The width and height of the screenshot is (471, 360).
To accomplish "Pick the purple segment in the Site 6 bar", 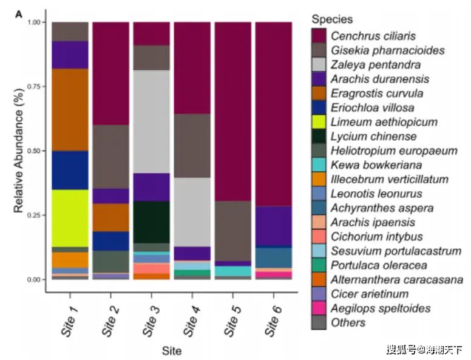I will (273, 226).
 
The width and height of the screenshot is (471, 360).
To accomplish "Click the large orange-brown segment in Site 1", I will (70, 109).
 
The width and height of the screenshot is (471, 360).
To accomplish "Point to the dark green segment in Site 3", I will (151, 222).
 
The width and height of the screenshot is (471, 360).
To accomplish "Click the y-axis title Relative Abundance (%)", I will (19, 151).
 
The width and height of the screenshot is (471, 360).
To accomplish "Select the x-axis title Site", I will (171, 350).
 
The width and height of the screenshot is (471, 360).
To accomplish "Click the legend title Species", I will (331, 20).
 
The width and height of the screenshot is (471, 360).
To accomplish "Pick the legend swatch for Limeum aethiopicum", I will (319, 122).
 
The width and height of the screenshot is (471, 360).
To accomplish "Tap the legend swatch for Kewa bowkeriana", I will (319, 165).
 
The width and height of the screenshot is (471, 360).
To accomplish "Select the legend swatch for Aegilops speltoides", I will (319, 308).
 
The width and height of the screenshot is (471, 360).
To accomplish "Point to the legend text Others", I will (348, 322).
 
